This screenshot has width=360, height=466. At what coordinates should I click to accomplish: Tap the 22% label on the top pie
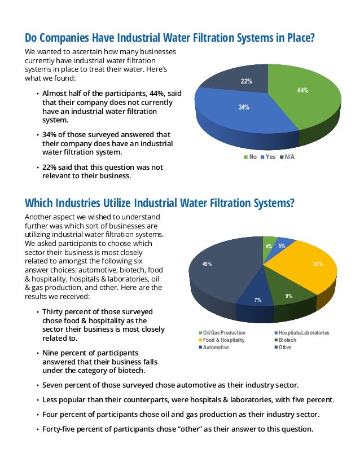click(x=246, y=82)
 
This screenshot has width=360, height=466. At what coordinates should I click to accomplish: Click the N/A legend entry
click(x=287, y=157)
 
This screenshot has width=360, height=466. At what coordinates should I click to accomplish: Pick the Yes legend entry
click(x=267, y=157)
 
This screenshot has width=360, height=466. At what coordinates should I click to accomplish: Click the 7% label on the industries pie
click(x=257, y=300)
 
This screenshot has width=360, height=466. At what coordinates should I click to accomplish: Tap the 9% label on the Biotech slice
click(x=289, y=296)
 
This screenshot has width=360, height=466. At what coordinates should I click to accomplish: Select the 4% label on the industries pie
click(x=269, y=247)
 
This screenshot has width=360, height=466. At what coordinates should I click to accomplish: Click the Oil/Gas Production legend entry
click(x=222, y=333)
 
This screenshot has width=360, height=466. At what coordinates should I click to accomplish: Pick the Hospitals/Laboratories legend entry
click(x=301, y=333)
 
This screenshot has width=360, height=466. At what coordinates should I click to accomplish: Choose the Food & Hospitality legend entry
click(x=222, y=340)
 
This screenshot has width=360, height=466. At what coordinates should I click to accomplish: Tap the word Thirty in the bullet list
click(x=55, y=311)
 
